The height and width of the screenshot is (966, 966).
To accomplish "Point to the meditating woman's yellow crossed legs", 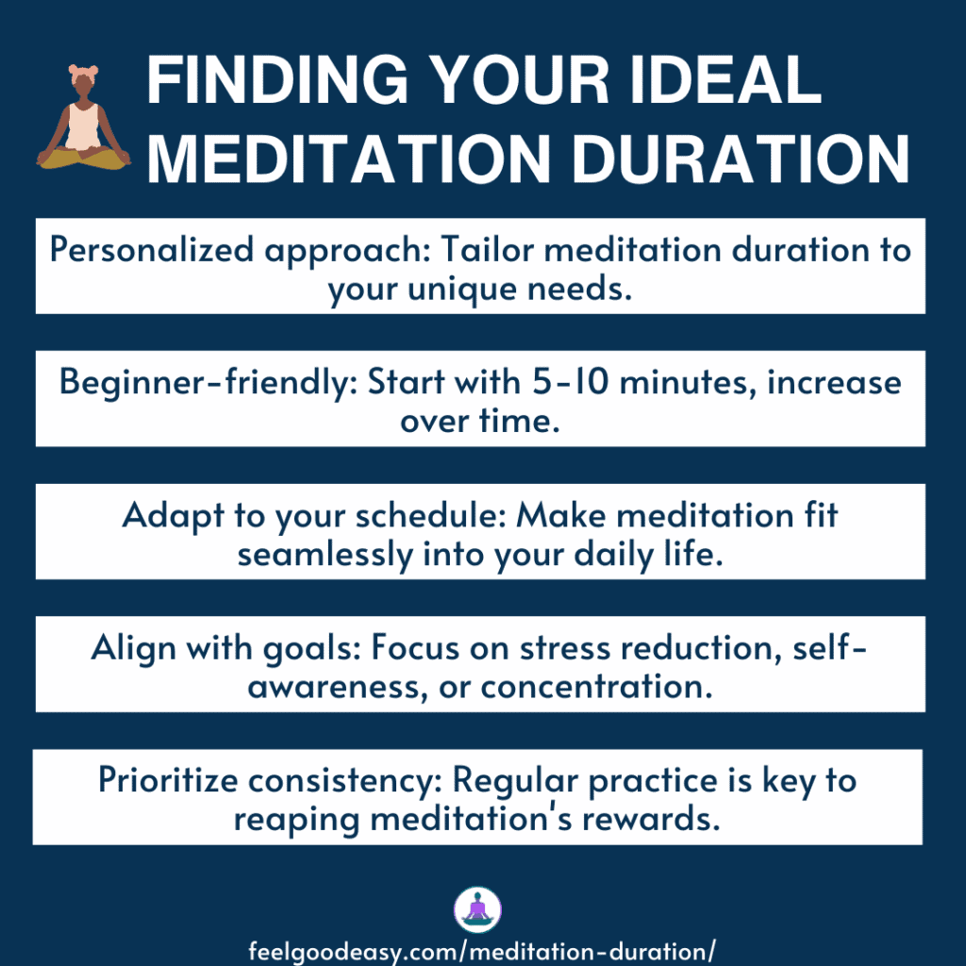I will [83, 158].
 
